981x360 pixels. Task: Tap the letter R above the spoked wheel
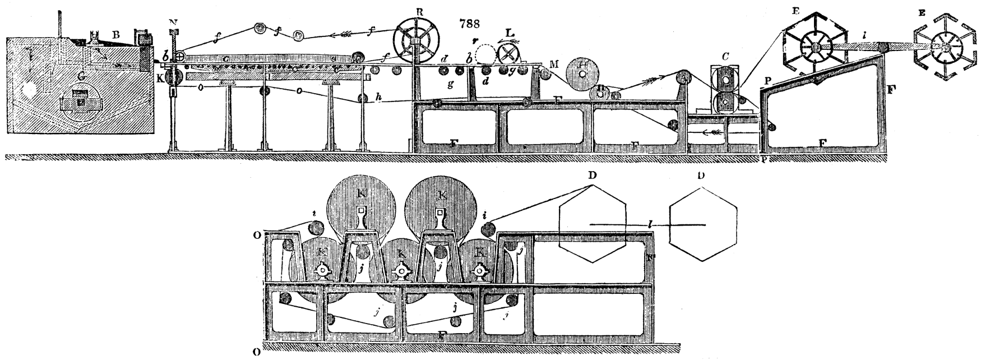[417, 12]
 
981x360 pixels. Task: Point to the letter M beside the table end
[554, 64]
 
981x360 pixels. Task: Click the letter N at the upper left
[174, 22]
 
